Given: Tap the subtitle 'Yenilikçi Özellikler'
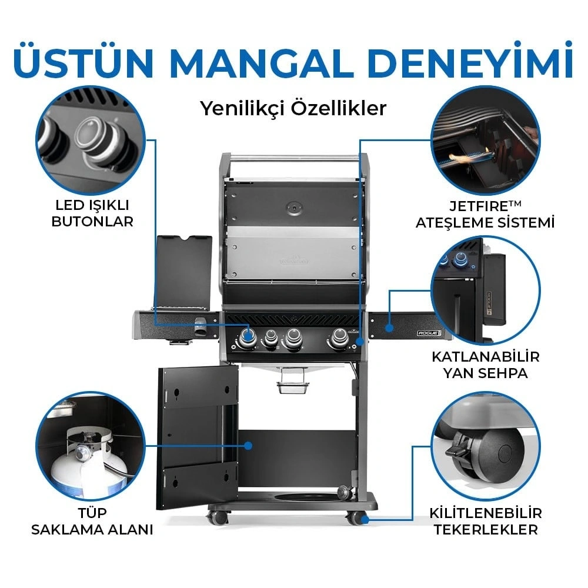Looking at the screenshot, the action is coord(293,109).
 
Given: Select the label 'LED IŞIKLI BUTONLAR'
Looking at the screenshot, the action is coord(92,213).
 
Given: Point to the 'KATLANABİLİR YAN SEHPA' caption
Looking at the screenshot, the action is coord(485,365).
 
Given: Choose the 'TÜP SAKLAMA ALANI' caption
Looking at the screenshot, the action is coord(92,521).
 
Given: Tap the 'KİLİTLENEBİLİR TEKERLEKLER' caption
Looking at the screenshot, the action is coord(486,521).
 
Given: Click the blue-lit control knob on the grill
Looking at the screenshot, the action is coord(247,336).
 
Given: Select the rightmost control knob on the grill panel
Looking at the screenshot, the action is coord(339,338).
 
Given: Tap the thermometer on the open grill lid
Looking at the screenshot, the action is coord(294,208).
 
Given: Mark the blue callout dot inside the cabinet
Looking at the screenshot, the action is coord(248,446).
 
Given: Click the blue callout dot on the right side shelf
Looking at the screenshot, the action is coord(389,328).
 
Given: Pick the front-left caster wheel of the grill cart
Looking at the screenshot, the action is coord(218,517).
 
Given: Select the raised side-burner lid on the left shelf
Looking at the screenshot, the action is coord(183,271).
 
